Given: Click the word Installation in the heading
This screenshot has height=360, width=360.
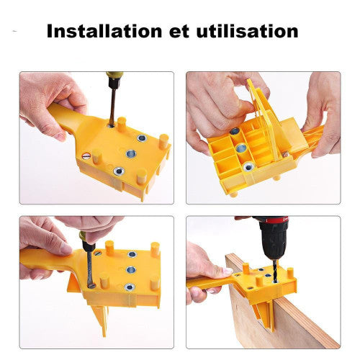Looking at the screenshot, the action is pos(104,31).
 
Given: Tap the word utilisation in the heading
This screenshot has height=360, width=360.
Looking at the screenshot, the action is pos(247,31).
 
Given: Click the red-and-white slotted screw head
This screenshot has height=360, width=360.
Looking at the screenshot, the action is pos(86,156).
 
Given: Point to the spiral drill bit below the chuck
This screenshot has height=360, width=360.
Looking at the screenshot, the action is pos(275,271).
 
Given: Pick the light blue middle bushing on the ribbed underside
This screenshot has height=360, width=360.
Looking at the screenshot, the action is pos(241,149).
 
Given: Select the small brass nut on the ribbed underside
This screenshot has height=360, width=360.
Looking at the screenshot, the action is pos(285,155).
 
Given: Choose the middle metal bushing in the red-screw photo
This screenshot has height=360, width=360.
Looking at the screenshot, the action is pos(131,153).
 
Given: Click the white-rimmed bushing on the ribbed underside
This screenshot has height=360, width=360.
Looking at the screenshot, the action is pos(248,166).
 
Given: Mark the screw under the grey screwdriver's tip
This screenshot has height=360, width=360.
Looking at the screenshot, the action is pos(91,285).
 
